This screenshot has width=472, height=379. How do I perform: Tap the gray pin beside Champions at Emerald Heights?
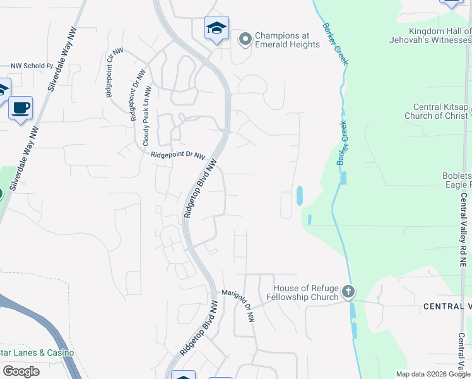(245, 40)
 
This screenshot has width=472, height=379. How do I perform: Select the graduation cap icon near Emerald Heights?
(216, 28)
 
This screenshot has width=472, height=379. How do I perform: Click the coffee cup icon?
(20, 107)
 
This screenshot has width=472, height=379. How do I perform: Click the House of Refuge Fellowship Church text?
(302, 292)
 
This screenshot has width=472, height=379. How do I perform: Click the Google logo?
(21, 371)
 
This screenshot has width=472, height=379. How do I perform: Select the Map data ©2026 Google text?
(433, 374)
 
